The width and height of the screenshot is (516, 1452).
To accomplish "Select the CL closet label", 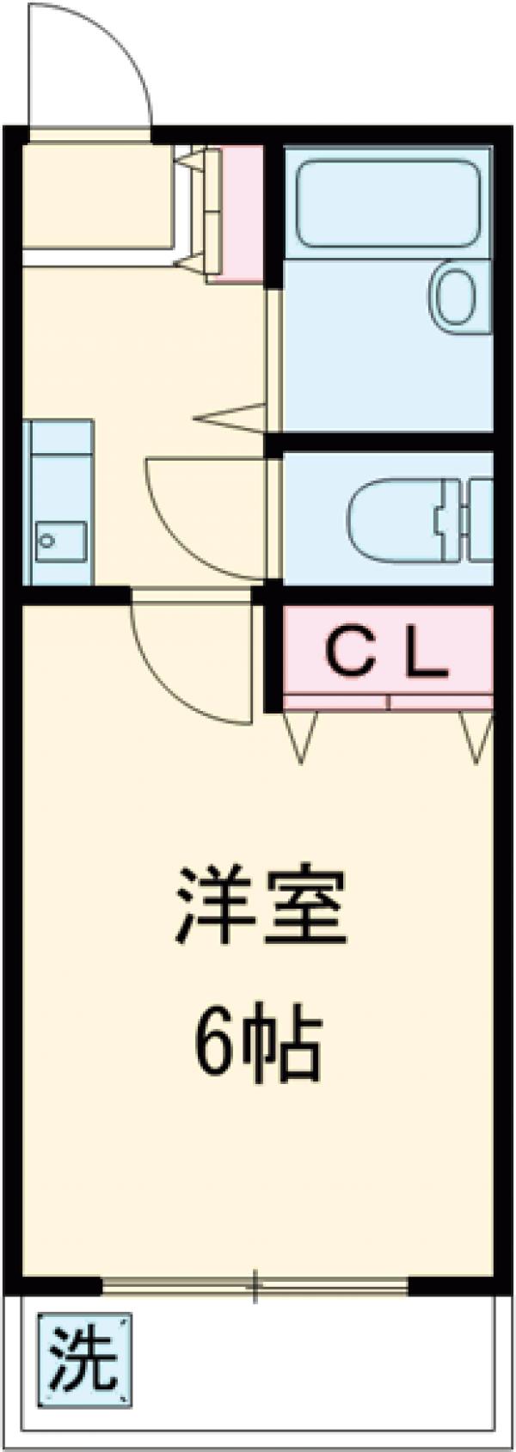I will [386, 658].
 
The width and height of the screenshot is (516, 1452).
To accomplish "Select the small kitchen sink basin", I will [60, 541].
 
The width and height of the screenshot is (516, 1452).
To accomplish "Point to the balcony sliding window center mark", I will [255, 1287].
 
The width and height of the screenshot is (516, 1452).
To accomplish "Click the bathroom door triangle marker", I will [232, 418].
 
